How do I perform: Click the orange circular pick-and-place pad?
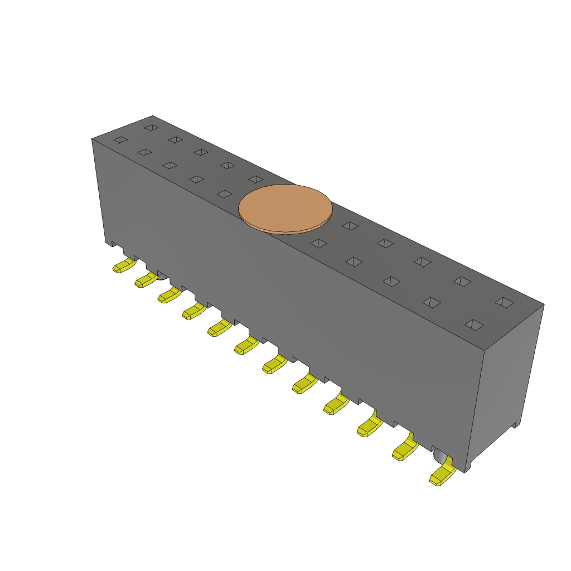(x=285, y=208)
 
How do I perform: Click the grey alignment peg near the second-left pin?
(x=161, y=276)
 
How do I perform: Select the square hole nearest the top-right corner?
(x=505, y=302)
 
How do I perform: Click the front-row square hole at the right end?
(x=475, y=325)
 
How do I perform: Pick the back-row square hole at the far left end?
(x=151, y=128)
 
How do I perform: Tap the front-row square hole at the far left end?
(x=120, y=139)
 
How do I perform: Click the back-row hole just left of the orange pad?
(x=256, y=179)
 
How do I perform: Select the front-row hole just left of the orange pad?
(x=224, y=194)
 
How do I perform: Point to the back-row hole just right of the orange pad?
(x=350, y=225)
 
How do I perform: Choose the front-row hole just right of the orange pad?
(x=318, y=243)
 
